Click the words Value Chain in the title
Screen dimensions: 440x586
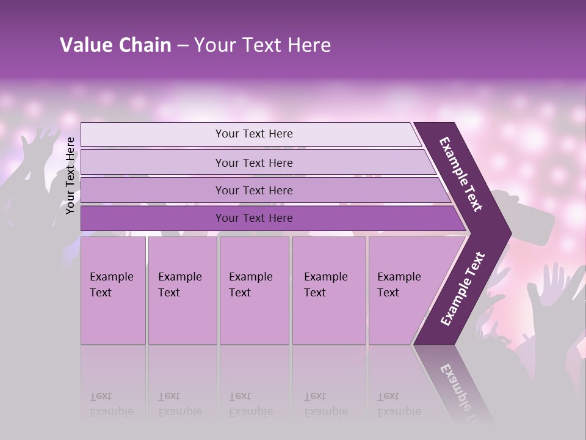pos(115,45)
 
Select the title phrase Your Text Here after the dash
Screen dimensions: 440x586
pos(262,45)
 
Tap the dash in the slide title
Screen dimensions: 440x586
pos(182,46)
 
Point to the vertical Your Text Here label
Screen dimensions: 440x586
pos(70,175)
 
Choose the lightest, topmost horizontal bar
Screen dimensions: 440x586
pos(253,134)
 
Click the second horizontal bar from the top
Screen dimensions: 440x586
pos(253,163)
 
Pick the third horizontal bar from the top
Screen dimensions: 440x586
pos(253,190)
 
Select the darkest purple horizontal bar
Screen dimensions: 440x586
pos(253,218)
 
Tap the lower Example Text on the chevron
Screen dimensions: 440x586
pos(463,288)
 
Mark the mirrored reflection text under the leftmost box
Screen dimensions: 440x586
pos(112,403)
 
